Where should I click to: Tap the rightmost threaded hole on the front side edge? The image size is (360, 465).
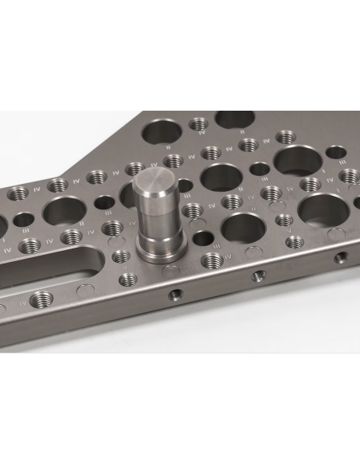pos(341,257)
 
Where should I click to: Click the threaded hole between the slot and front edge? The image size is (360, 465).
pos(44,298)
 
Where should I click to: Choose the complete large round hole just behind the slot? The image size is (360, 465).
pos(61,212)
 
